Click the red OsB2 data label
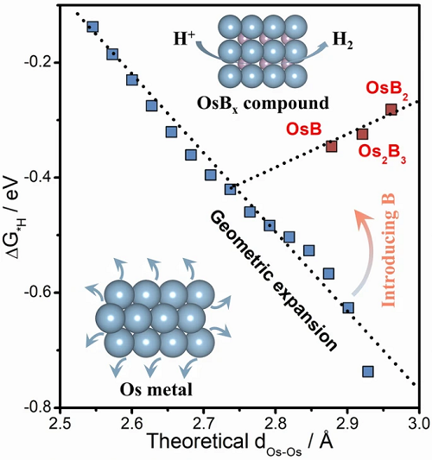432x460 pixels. point(387,89)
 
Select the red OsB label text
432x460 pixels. point(304,129)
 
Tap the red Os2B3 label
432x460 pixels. point(382,153)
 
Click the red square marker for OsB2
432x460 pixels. point(391,110)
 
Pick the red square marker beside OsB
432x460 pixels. point(331,146)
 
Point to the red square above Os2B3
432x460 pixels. point(362,134)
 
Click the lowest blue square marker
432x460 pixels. point(368,371)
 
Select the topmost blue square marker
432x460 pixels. point(92,27)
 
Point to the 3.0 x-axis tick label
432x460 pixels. point(419,425)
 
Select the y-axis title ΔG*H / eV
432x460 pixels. point(15,217)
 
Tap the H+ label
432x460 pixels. point(184,39)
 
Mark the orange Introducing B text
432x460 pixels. point(390,250)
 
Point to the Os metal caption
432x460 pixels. point(156,389)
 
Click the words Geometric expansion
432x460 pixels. point(273,281)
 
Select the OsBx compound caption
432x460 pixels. point(263,104)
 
